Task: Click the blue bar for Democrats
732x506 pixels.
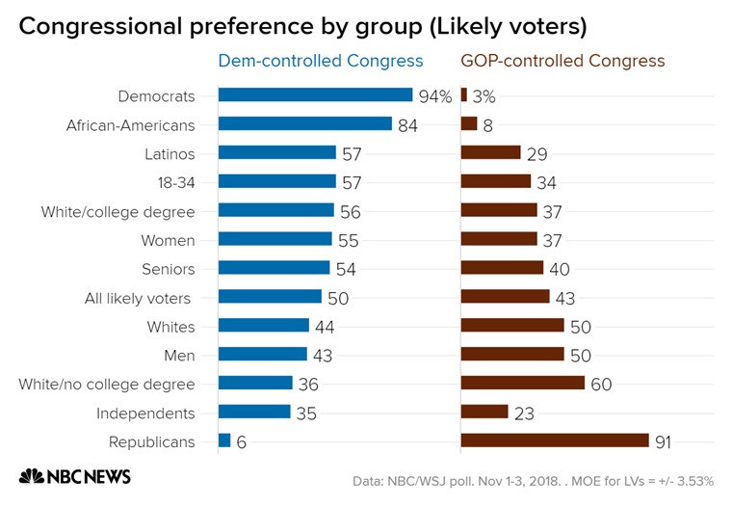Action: (x=315, y=95)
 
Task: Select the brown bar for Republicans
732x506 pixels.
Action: (x=555, y=441)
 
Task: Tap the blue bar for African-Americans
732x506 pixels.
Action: (x=304, y=124)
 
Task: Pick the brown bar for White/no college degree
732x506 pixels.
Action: (x=523, y=384)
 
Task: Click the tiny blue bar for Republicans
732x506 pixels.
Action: (x=224, y=441)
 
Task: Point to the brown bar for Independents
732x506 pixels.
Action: (x=484, y=413)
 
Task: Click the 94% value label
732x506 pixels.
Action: (x=435, y=95)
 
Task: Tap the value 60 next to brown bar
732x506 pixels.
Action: (x=600, y=385)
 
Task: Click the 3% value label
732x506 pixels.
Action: (x=484, y=95)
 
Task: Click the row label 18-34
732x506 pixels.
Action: (x=173, y=182)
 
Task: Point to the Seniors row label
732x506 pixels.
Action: (x=169, y=269)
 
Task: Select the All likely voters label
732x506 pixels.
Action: (x=139, y=298)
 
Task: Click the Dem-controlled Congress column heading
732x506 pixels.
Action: (x=321, y=61)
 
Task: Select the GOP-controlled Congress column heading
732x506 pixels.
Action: (x=562, y=61)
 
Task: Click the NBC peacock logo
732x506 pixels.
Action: (x=32, y=476)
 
